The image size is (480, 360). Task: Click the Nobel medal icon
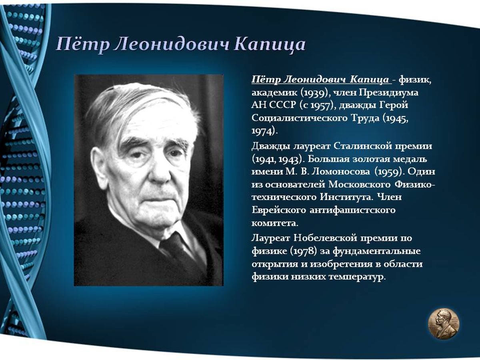point(444,323)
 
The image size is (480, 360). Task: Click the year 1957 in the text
point(321,106)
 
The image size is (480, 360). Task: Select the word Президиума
point(388,93)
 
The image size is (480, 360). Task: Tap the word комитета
point(275,224)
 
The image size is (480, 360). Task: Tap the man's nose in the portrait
point(161,170)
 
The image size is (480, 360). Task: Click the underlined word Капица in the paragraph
point(369,80)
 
